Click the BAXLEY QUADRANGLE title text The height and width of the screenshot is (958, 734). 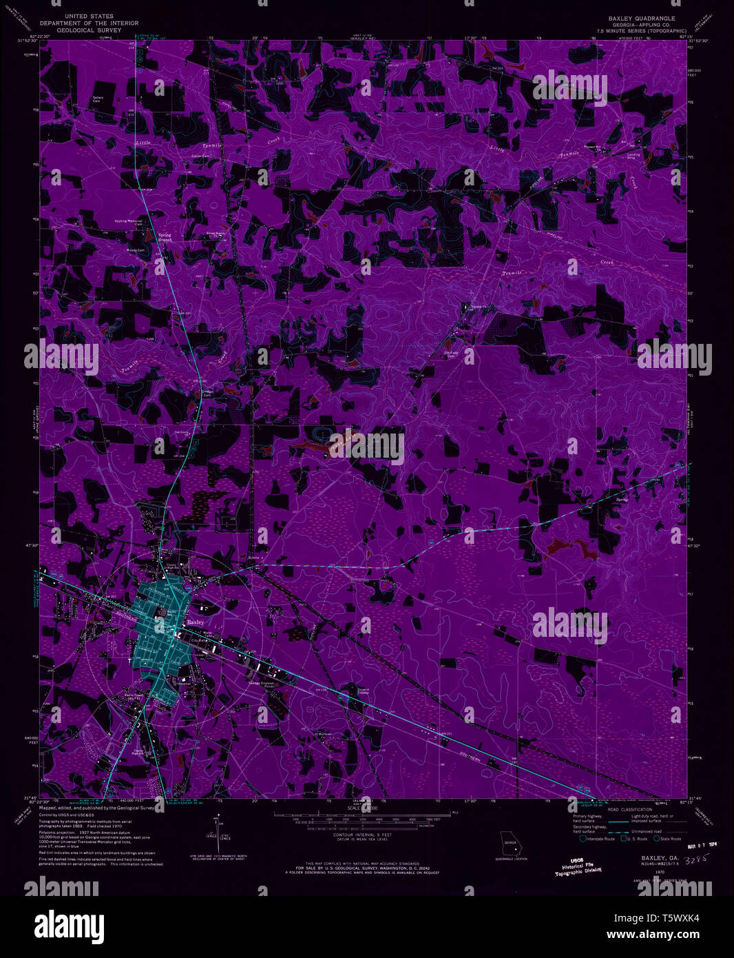[641, 19]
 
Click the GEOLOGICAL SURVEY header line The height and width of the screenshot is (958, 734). [90, 30]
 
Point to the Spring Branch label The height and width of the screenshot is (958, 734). [165, 236]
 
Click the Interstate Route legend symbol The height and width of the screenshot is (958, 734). [583, 838]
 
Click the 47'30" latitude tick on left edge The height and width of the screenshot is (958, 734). [32, 545]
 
